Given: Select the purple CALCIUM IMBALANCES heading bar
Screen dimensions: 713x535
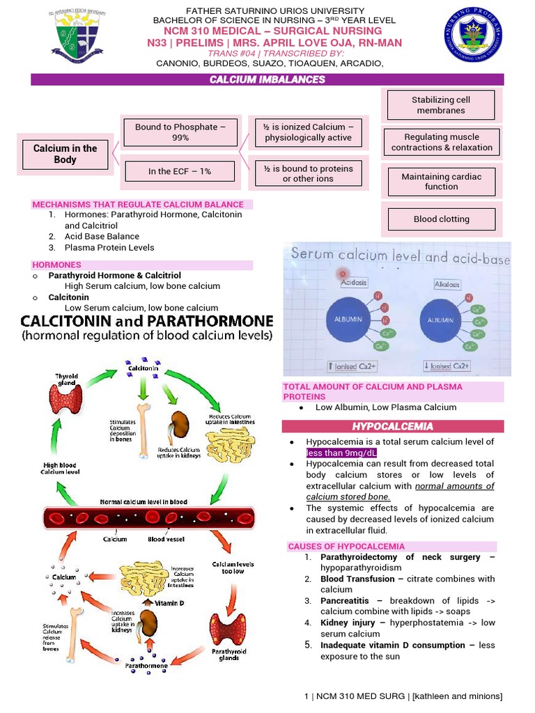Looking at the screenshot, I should click(267, 80).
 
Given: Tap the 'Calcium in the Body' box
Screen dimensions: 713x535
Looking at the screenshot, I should click(65, 154).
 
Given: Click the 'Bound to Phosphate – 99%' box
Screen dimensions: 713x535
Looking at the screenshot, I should click(180, 132).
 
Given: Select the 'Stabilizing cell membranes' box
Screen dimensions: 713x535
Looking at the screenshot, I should click(441, 105).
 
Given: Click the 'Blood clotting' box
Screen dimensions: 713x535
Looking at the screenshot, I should click(441, 219).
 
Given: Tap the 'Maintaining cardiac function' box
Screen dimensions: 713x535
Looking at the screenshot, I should click(441, 182).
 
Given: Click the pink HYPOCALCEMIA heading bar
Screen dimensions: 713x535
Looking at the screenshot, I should click(392, 426).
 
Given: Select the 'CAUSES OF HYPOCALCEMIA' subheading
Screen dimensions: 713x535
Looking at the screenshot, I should click(346, 547).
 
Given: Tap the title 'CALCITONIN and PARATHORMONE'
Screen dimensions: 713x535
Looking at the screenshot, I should click(146, 322).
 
